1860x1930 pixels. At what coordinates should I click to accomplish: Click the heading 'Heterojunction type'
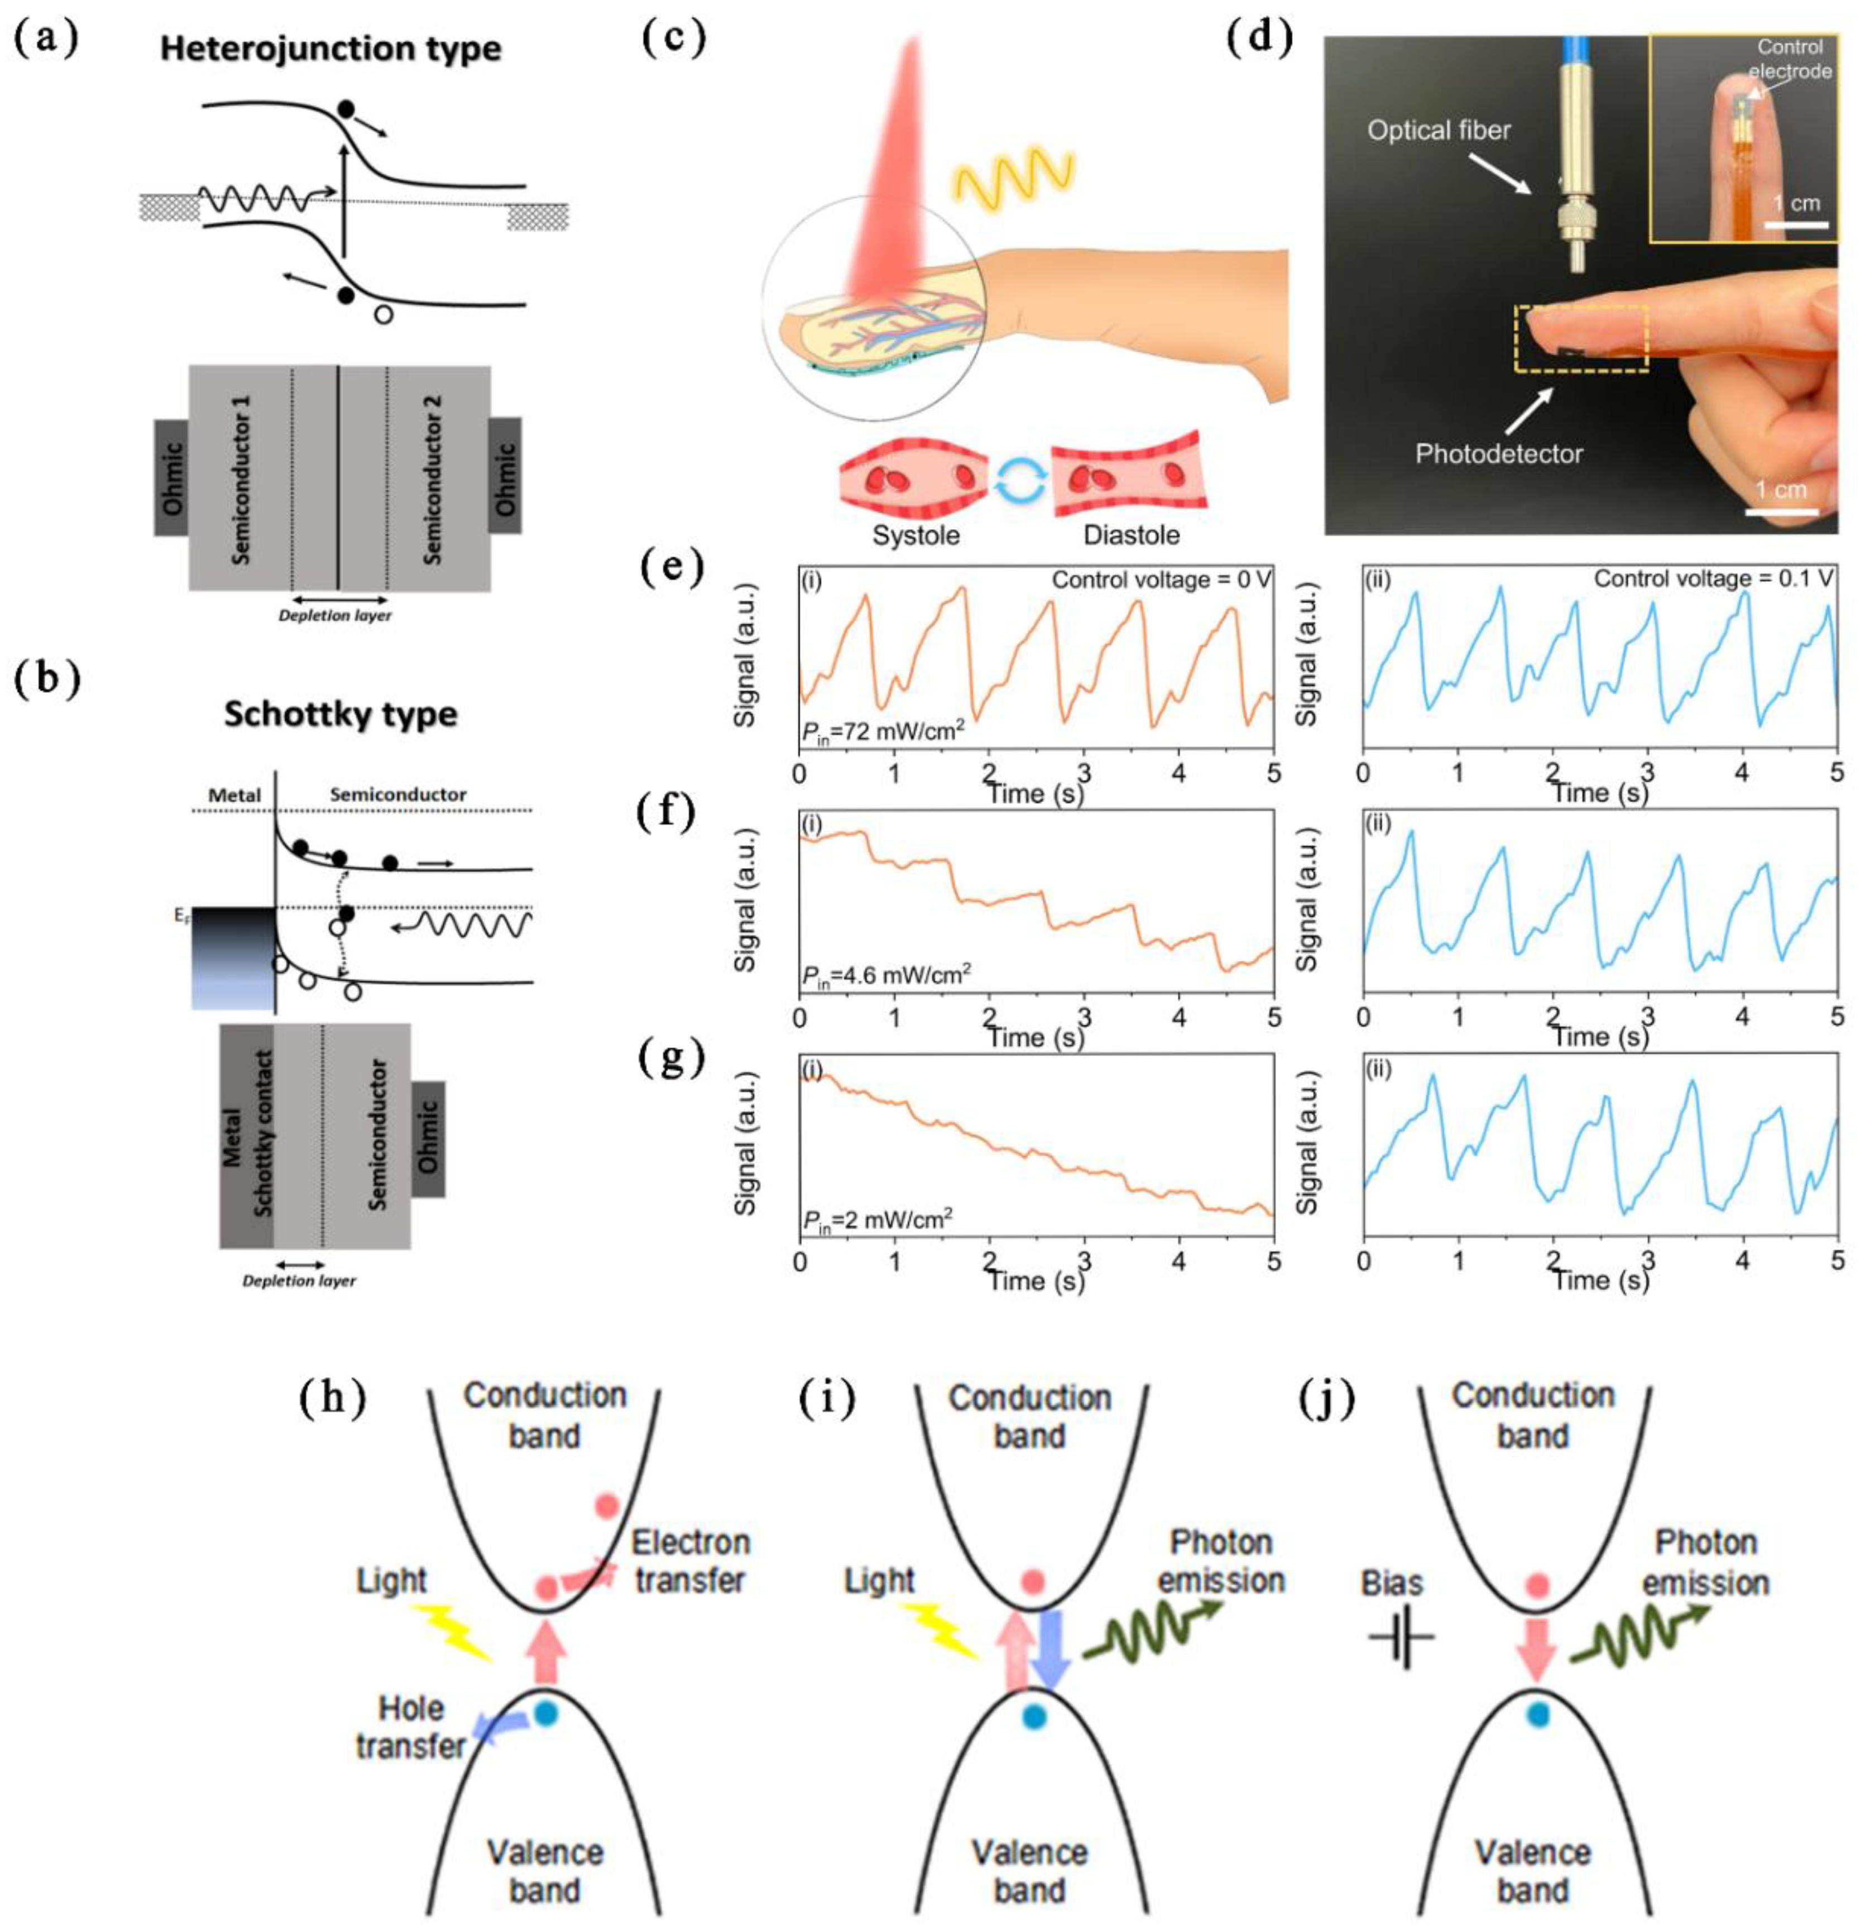[331, 49]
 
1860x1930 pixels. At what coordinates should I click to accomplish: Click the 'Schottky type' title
[341, 713]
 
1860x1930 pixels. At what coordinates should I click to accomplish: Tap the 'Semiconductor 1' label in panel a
[240, 480]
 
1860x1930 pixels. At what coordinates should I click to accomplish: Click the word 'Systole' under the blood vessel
[915, 535]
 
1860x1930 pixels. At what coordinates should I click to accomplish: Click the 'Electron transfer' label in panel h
[689, 1561]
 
